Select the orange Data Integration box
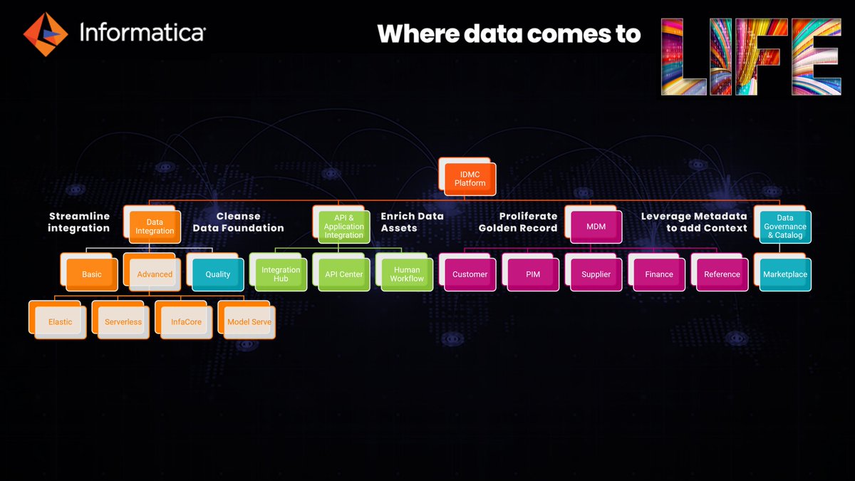pos(155,227)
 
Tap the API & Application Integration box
pos(344,227)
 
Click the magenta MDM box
pos(596,227)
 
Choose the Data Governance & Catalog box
pos(784,227)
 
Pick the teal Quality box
pos(217,274)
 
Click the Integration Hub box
pos(281,274)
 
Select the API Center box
pos(344,274)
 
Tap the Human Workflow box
pos(407,274)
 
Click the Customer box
pos(470,274)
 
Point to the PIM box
pos(533,274)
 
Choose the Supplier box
pos(596,274)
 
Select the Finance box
pos(659,274)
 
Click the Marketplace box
pos(784,274)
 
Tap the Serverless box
pos(123,321)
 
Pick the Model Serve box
pos(249,321)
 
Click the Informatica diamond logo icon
pos(46,33)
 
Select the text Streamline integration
pos(78,222)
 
